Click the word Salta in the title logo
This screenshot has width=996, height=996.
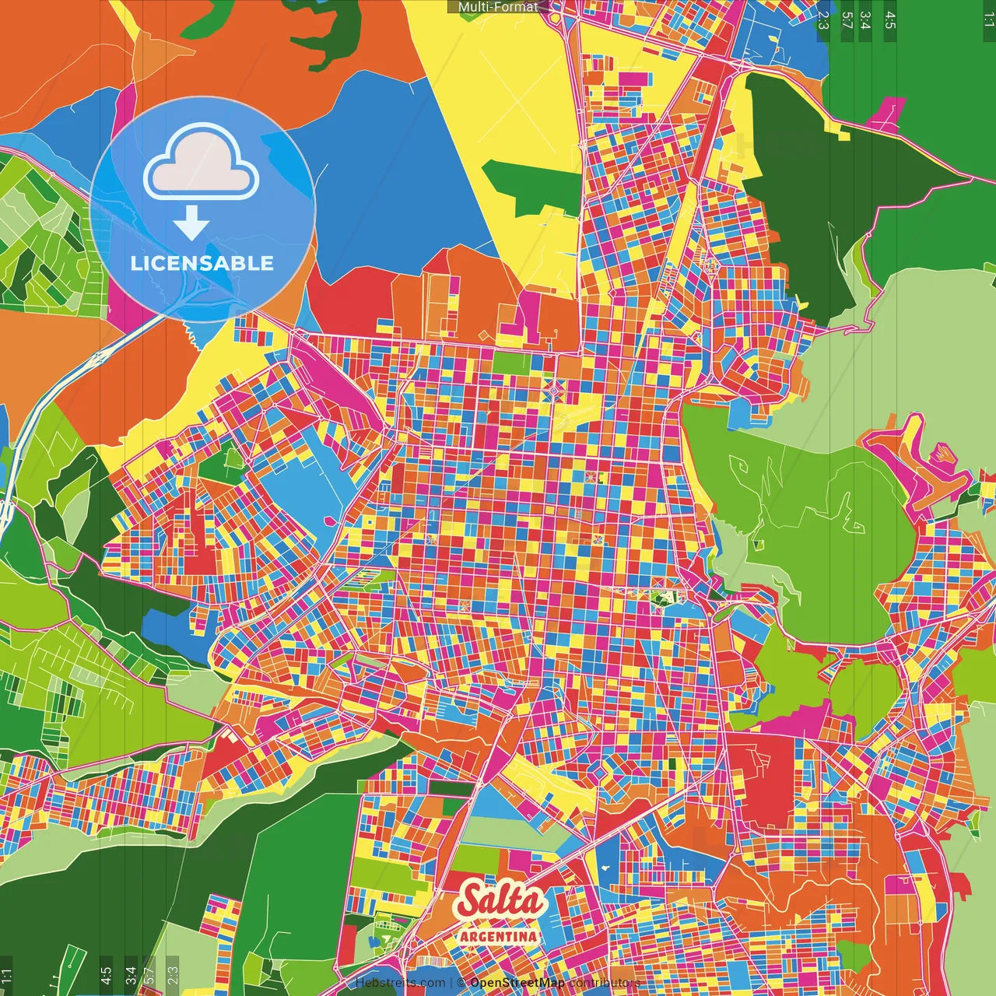pyautogui.click(x=500, y=900)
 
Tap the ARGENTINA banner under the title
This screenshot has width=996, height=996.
pyautogui.click(x=499, y=936)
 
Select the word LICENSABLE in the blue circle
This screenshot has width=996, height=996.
pyautogui.click(x=202, y=263)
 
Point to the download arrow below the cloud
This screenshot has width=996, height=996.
pyautogui.click(x=191, y=223)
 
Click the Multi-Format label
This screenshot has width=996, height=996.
pyautogui.click(x=498, y=7)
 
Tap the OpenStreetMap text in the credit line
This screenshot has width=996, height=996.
pyautogui.click(x=517, y=983)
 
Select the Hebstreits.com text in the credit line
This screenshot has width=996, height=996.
pyautogui.click(x=400, y=983)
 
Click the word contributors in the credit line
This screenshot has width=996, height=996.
pyautogui.click(x=604, y=983)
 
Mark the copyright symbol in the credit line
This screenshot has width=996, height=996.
pyautogui.click(x=461, y=983)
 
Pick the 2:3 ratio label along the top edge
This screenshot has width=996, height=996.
pyautogui.click(x=823, y=19)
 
